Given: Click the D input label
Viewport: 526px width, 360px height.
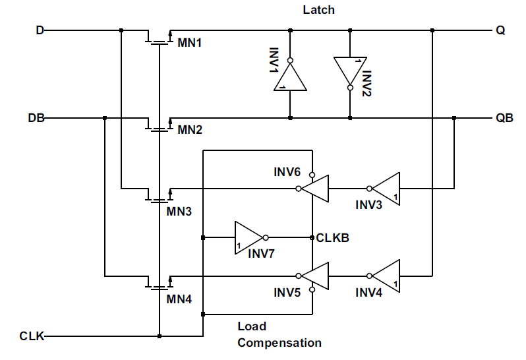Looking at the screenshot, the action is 40,30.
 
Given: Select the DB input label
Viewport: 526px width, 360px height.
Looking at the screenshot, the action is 36,118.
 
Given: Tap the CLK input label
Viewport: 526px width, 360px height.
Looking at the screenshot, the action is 32,336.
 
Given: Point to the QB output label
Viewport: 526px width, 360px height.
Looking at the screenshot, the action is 504,118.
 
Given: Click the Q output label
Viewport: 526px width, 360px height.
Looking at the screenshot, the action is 500,30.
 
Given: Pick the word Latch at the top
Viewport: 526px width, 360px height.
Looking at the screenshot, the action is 318,10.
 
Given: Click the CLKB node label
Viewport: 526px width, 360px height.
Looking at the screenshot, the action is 332,237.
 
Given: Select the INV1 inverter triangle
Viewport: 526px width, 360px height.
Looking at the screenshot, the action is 290,77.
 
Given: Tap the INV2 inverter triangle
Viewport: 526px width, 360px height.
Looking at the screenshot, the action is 350,71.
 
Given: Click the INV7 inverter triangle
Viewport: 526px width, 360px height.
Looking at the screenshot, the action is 248,237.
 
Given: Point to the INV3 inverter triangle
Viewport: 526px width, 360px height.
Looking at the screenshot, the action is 386,189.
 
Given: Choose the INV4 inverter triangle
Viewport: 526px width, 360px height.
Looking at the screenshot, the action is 386,276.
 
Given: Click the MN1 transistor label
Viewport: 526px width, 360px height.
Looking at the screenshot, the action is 190,43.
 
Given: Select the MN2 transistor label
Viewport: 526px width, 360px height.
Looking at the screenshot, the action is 190,130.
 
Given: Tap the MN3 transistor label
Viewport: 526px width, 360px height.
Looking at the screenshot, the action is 179,212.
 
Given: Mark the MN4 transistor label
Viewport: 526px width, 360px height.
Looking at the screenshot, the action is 179,299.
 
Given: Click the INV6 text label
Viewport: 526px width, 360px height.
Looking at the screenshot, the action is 287,172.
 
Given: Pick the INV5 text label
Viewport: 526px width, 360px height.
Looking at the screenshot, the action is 287,293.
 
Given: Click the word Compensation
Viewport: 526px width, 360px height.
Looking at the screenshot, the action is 279,343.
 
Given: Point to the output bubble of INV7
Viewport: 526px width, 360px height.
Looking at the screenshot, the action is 266,237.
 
